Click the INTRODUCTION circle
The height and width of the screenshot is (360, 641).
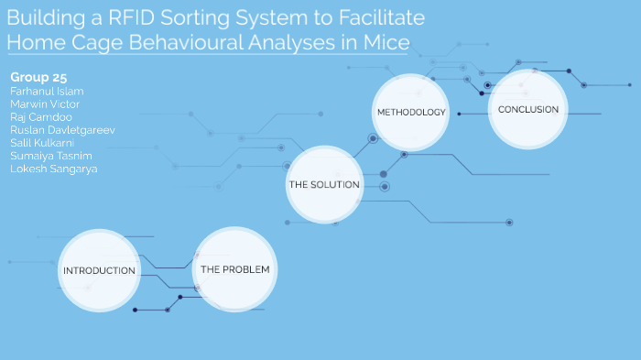tap(99, 271)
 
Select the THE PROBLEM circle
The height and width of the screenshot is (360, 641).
tap(234, 270)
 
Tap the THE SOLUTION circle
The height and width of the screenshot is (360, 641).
tap(325, 185)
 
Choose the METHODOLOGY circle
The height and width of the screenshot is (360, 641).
tap(411, 113)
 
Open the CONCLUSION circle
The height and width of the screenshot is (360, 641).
tap(528, 110)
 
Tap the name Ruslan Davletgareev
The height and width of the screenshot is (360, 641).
tap(62, 130)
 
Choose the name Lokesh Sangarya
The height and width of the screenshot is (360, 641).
tap(53, 169)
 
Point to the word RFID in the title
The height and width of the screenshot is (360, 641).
tap(133, 18)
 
